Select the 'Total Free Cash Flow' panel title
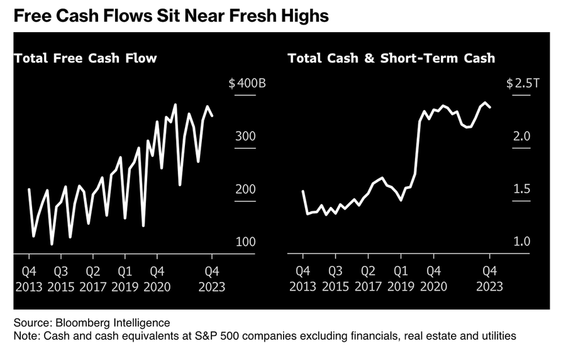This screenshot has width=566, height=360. pyautogui.click(x=86, y=59)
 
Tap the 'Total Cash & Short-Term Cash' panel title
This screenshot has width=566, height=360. pyautogui.click(x=391, y=59)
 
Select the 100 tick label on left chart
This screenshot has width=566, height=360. pyautogui.click(x=247, y=242)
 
